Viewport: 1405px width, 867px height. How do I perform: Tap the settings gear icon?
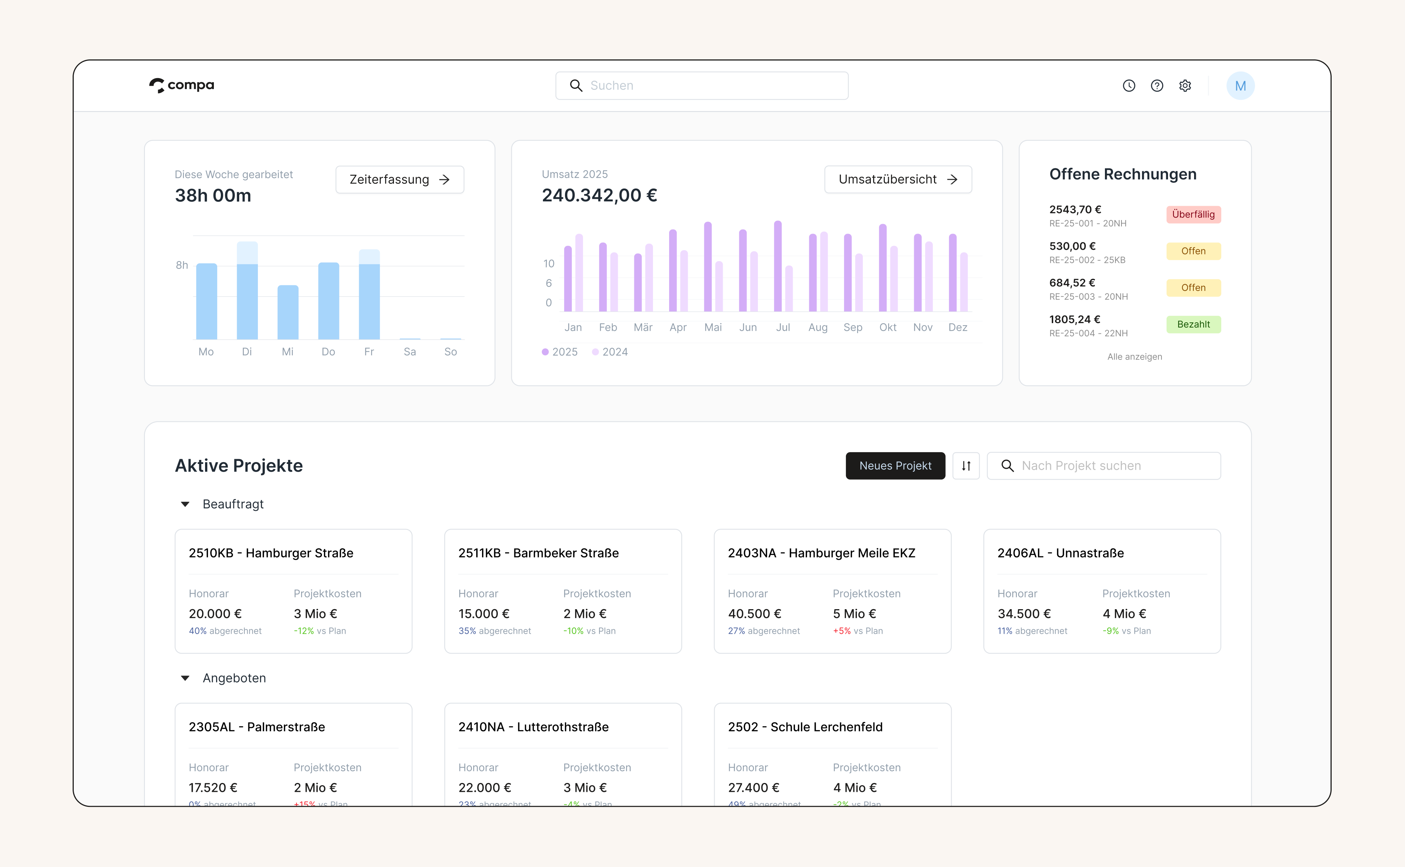click(1185, 85)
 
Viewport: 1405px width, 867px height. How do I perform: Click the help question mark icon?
click(1157, 85)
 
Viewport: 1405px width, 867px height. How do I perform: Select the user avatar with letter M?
click(1240, 85)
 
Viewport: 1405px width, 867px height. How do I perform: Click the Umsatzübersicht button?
click(898, 179)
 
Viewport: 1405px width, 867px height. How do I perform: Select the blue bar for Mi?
click(288, 312)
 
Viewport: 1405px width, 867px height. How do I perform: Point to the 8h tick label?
click(182, 265)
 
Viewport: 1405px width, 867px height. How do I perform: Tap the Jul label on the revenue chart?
click(783, 328)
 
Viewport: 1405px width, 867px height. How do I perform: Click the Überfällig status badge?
click(1193, 215)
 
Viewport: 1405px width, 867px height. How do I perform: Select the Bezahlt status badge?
click(1193, 325)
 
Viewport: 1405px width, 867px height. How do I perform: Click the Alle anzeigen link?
click(1134, 356)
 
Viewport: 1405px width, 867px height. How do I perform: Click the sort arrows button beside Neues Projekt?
click(966, 466)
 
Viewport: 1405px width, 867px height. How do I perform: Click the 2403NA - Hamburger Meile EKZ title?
click(821, 553)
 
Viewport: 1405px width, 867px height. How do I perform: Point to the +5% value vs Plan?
click(841, 631)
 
